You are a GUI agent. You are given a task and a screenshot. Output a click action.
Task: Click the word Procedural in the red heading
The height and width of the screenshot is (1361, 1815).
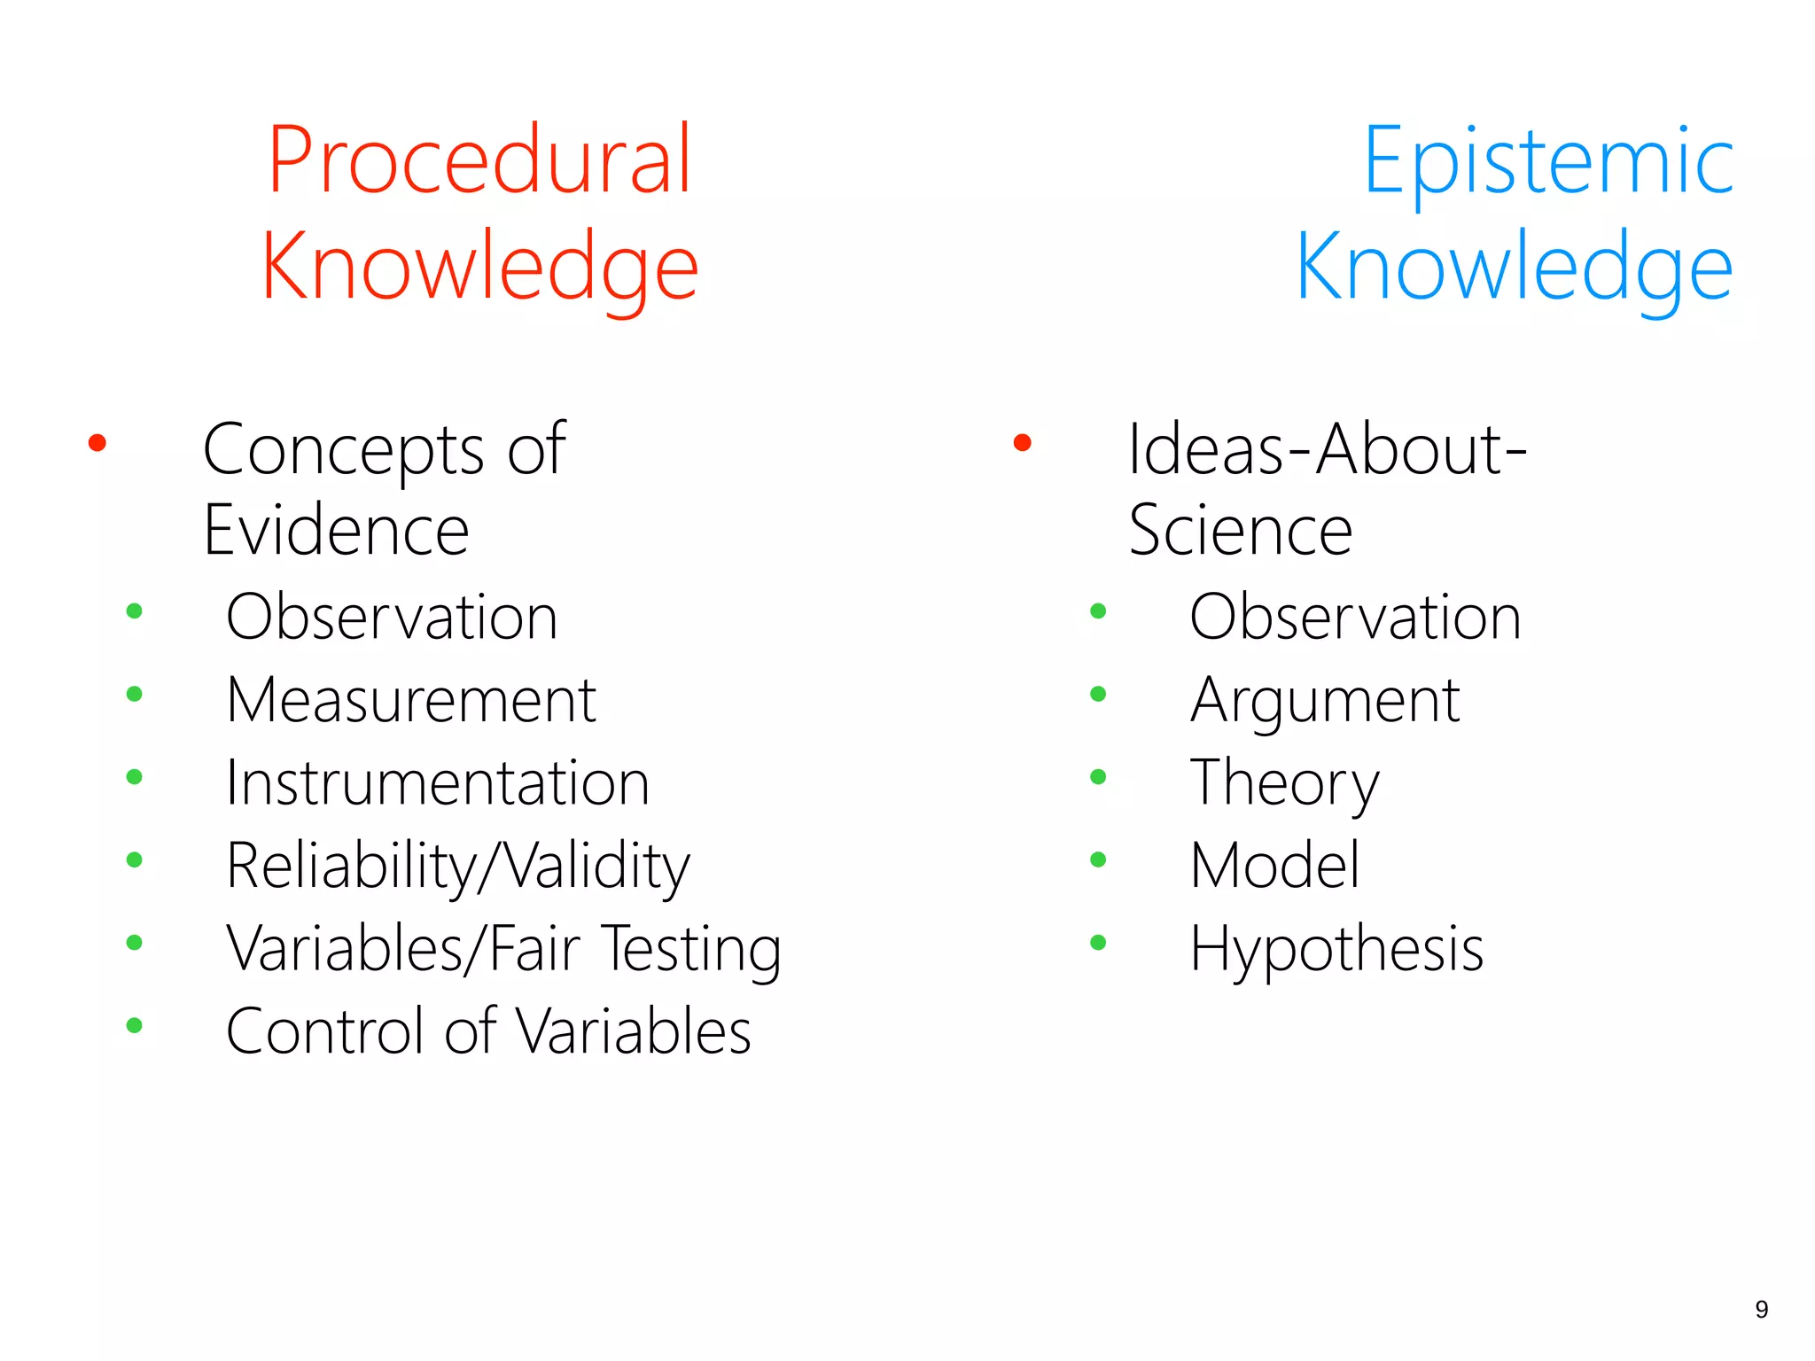coord(479,161)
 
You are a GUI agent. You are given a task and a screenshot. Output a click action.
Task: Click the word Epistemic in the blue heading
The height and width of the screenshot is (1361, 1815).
coord(1547,161)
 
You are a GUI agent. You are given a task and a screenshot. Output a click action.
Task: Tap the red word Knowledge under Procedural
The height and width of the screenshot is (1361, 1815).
coord(479,268)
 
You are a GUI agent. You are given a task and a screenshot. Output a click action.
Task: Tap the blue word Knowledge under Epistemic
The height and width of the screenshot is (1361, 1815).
coord(1514,268)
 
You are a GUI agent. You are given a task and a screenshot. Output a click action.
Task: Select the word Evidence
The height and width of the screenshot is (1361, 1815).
coord(336,531)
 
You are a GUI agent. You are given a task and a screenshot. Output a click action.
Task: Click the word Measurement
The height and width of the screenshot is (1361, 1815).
coord(410,700)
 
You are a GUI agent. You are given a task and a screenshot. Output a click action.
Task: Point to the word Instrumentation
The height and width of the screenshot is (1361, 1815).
coord(437,783)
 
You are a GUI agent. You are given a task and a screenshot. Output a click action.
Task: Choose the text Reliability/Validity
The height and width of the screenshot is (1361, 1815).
coord(457,866)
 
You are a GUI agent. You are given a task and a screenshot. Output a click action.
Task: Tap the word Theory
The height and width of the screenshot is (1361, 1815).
coord(1284,784)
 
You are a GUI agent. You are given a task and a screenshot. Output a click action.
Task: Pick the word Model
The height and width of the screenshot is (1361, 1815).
coord(1274,866)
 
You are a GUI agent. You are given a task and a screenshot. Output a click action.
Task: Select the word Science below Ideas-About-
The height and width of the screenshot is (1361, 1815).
coord(1240,531)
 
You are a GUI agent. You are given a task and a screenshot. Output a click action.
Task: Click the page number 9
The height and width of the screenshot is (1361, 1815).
coord(1761,1310)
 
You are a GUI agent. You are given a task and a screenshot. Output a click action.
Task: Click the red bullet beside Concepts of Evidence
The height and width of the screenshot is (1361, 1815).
coord(97,442)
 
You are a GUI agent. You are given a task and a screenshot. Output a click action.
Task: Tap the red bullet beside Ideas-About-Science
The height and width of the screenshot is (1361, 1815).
coord(1022,442)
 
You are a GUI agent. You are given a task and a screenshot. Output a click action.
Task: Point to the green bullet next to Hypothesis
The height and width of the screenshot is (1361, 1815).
coord(1098,943)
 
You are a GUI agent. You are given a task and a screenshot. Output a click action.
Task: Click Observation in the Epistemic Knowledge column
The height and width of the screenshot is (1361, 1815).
coord(1355,617)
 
